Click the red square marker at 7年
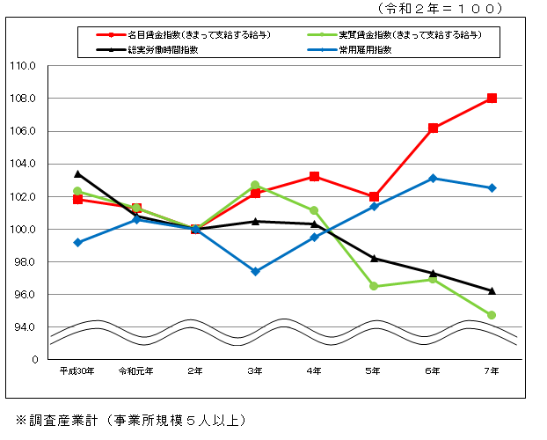pyautogui.click(x=492, y=98)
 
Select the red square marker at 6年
pyautogui.click(x=433, y=128)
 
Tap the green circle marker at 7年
pyautogui.click(x=492, y=315)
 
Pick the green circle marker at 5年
pyautogui.click(x=374, y=286)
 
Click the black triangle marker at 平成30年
pyautogui.click(x=77, y=173)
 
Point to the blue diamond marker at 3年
pyautogui.click(x=255, y=271)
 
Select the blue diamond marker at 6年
pyautogui.click(x=433, y=178)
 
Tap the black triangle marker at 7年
pyautogui.click(x=492, y=290)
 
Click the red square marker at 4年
pyautogui.click(x=314, y=176)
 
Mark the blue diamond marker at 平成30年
pyautogui.click(x=77, y=242)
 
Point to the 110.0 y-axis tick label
pyautogui.click(x=23, y=65)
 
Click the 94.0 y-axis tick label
pyautogui.click(x=23, y=326)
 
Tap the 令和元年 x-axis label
pyautogui.click(x=136, y=371)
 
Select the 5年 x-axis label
pyautogui.click(x=374, y=371)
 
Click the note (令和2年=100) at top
pyautogui.click(x=440, y=8)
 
